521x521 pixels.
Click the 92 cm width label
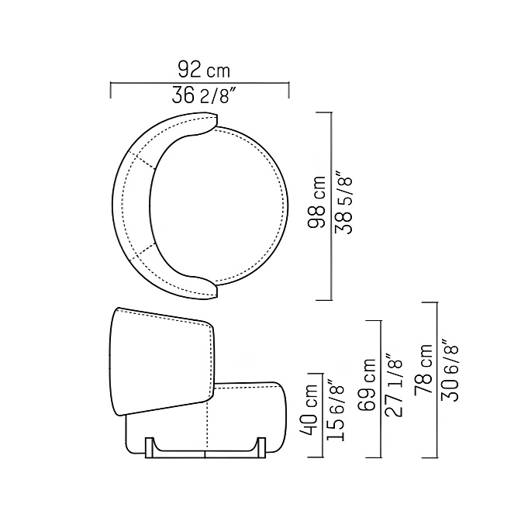pyautogui.click(x=204, y=70)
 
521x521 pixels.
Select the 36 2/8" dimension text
pyautogui.click(x=204, y=95)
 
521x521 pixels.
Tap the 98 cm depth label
pyautogui.click(x=316, y=202)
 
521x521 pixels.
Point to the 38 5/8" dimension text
pyautogui.click(x=343, y=202)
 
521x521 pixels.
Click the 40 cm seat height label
pyautogui.click(x=309, y=409)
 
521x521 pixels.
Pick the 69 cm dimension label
pyautogui.click(x=367, y=384)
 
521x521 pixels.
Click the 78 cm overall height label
pyautogui.click(x=423, y=370)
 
